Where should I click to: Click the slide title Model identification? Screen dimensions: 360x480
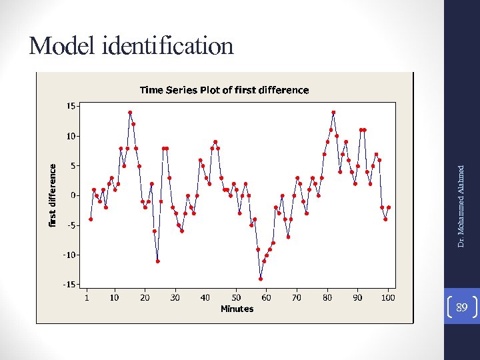coord(131,46)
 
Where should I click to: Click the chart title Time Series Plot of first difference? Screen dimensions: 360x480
coord(224,90)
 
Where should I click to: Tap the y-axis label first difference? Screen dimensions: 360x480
coord(53,195)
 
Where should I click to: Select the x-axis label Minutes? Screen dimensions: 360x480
coord(237,309)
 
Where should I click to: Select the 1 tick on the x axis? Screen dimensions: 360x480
coord(87,297)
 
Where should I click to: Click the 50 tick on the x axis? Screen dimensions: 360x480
coord(236,297)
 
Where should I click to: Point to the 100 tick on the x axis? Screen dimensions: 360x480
coord(388,297)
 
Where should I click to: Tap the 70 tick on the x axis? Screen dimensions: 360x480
coord(297,297)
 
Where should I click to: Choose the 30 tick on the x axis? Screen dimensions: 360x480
coord(175,297)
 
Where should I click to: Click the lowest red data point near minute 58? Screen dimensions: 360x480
coord(261,279)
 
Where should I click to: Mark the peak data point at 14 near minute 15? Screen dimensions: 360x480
coord(130,113)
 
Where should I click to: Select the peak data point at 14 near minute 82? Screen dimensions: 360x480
coord(333,113)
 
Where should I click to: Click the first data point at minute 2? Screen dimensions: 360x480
coord(91,219)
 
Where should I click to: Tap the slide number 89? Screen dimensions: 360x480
coord(461,307)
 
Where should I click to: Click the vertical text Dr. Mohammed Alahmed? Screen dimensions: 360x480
coord(461,206)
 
